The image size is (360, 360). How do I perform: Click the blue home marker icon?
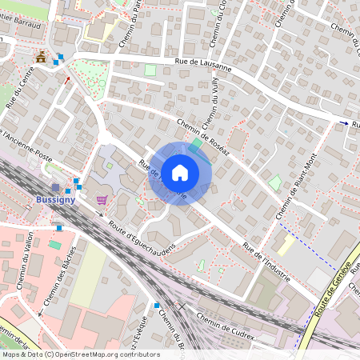[180, 173]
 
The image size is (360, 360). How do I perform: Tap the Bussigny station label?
[56, 199]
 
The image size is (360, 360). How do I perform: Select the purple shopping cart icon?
[102, 200]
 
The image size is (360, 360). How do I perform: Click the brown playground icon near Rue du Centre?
[40, 56]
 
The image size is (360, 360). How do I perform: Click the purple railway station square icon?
[56, 187]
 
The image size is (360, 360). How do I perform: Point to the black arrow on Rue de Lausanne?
[344, 123]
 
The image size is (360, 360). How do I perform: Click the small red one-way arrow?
[67, 80]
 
